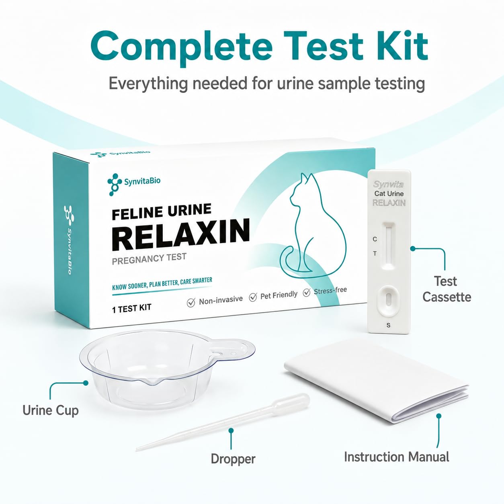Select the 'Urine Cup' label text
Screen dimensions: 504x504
point(51,410)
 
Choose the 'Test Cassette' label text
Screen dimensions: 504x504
point(447,289)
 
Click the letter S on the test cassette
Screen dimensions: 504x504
point(388,325)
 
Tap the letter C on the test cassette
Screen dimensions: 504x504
point(375,239)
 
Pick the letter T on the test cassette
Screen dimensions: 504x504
point(375,254)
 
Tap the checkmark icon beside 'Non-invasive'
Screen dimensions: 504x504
point(191,303)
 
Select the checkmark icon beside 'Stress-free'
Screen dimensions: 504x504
point(307,293)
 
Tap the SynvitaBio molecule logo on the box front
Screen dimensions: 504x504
point(114,184)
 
